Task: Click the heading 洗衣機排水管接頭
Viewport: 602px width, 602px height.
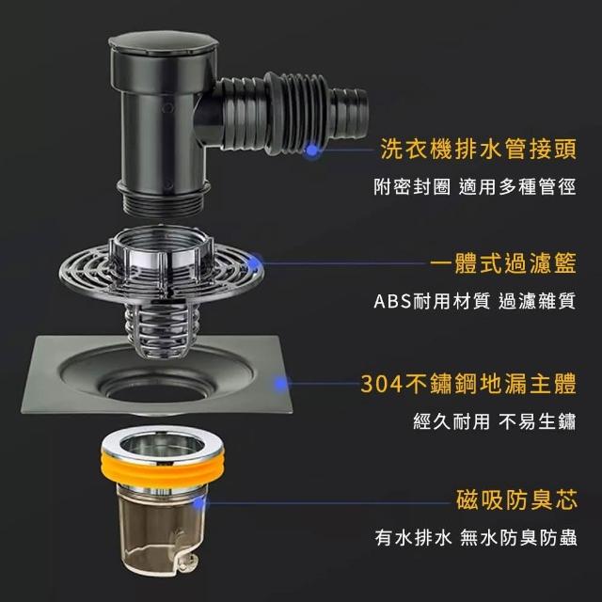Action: coord(479,149)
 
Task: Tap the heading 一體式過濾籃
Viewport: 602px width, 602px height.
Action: coord(503,263)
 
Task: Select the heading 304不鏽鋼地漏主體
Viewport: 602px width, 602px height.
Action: coord(468,383)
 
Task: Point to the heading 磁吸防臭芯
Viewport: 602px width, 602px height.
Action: coord(516,499)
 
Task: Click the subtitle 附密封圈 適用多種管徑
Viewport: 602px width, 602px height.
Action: coord(475,187)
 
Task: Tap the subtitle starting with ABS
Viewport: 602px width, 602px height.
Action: coord(475,301)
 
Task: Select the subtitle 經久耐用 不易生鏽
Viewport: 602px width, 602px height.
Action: coord(495,421)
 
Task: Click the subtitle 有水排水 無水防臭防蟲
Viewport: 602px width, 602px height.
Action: coord(476,537)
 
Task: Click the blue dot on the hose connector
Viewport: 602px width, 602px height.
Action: coord(312,150)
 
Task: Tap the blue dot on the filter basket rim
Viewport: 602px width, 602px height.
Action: coord(254,263)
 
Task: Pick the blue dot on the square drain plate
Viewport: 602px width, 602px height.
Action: coord(280,383)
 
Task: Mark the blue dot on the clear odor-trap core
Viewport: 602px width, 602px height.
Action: coord(198,503)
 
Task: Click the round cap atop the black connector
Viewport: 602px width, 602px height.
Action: coord(164,43)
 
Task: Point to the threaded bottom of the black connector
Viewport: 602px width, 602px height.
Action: coord(164,202)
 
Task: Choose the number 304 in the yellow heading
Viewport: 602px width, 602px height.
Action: coord(382,384)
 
